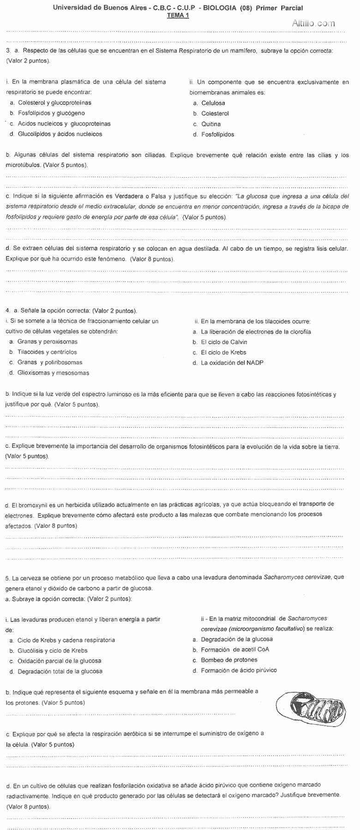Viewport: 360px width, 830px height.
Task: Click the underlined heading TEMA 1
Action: tap(178, 15)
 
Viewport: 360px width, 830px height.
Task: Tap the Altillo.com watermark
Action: tap(313, 23)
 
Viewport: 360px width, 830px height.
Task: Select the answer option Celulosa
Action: tap(213, 103)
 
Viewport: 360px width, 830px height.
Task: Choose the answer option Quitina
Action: tap(210, 124)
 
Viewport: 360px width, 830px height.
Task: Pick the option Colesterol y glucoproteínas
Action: tap(54, 103)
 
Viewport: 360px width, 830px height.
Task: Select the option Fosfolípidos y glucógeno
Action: tap(51, 113)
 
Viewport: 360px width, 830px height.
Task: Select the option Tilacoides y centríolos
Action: tap(47, 352)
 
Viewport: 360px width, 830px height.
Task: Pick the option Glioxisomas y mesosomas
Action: tap(53, 373)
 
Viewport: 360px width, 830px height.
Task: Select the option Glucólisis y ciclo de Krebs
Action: tap(52, 651)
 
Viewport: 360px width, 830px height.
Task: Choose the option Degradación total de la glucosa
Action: tap(60, 671)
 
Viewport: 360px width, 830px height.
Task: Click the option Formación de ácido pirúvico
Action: tap(239, 670)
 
